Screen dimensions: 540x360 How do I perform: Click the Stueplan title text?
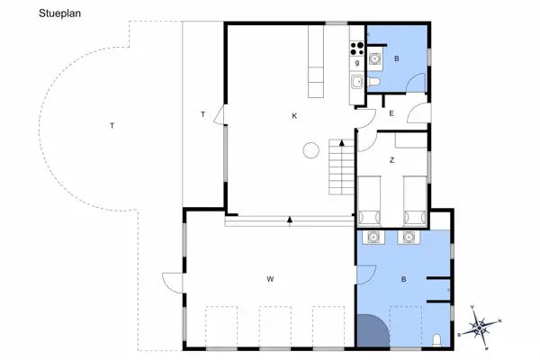click(x=59, y=13)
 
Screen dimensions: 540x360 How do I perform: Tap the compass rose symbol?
click(x=479, y=327)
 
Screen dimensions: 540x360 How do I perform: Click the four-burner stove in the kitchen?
click(x=356, y=49)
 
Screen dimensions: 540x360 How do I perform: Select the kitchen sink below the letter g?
click(x=356, y=82)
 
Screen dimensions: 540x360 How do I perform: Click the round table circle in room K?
click(x=311, y=150)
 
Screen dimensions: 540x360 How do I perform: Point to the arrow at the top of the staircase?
click(x=342, y=142)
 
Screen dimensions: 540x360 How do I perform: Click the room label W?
click(x=270, y=279)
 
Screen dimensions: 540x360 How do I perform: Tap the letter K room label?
click(x=294, y=116)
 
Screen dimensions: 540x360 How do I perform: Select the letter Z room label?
click(x=391, y=160)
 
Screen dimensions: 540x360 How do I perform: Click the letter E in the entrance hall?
click(x=391, y=113)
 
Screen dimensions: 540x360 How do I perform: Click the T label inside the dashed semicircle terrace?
click(x=112, y=126)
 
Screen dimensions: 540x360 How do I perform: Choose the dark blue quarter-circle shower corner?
click(x=371, y=329)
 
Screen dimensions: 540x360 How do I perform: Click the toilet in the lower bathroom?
click(x=436, y=339)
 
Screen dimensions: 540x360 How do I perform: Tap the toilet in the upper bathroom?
click(x=373, y=82)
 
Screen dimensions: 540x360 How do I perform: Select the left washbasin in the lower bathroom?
click(x=373, y=238)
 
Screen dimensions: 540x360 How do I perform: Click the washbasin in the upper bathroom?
click(x=374, y=58)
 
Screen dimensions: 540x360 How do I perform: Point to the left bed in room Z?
click(x=369, y=202)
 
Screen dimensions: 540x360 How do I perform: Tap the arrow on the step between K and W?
click(x=290, y=220)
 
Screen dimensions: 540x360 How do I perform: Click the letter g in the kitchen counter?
click(x=357, y=63)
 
